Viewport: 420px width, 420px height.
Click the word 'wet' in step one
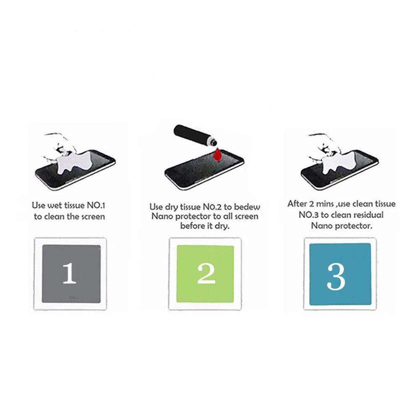(57, 206)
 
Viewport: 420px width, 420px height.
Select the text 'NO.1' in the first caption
(99, 206)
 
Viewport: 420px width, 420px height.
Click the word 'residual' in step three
(369, 215)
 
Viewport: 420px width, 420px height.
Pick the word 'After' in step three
(297, 204)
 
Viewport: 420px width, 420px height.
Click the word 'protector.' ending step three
(356, 226)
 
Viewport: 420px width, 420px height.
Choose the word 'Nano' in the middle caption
(162, 217)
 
